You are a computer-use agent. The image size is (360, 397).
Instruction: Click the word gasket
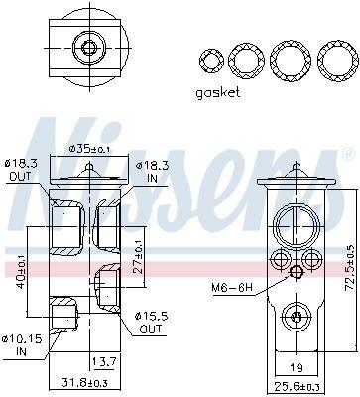point(218,93)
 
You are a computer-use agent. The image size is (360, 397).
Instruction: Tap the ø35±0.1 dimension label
point(89,150)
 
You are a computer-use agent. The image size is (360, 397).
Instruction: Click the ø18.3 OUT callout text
point(21,169)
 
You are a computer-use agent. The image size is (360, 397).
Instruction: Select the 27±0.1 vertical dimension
point(139,257)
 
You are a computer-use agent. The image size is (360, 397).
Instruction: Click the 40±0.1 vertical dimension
point(21,271)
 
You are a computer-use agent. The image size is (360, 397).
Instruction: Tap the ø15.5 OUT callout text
point(151,323)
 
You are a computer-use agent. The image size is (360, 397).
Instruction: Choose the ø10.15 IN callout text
point(22,345)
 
